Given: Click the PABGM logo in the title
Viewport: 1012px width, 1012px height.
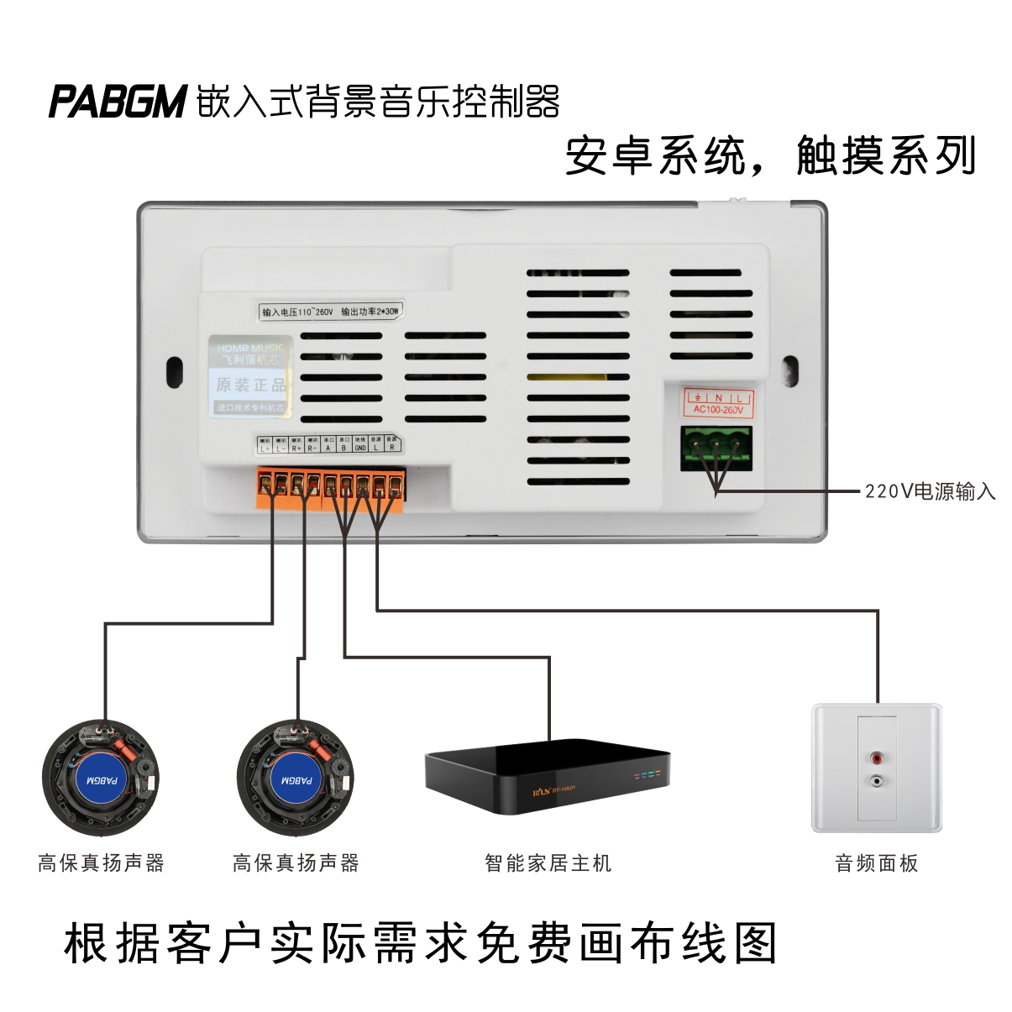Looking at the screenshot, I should click(116, 101).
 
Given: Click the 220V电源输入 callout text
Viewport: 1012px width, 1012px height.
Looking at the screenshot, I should click(930, 491).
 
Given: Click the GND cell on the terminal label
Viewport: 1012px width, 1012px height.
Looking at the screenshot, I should click(359, 448).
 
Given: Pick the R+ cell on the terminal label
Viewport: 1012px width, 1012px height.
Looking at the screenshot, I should click(296, 448).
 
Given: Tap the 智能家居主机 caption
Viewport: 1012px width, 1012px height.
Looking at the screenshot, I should click(548, 863).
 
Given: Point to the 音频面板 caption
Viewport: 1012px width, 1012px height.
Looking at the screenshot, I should click(877, 863).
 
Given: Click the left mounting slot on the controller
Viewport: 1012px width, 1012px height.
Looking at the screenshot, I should click(175, 370).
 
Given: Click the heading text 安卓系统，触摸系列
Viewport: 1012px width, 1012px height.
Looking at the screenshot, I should click(770, 155).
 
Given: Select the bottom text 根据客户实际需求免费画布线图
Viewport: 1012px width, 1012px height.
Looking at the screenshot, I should click(420, 944).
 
